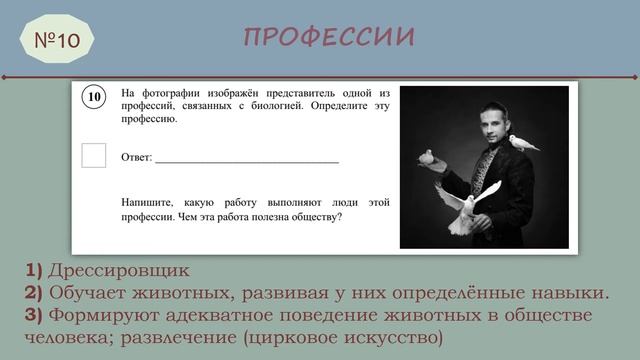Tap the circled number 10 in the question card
click(x=93, y=97)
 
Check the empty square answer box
click(x=93, y=156)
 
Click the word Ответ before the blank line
click(x=136, y=158)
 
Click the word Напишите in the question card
click(x=146, y=202)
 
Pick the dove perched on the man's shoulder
click(x=522, y=143)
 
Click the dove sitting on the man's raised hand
click(x=428, y=157)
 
